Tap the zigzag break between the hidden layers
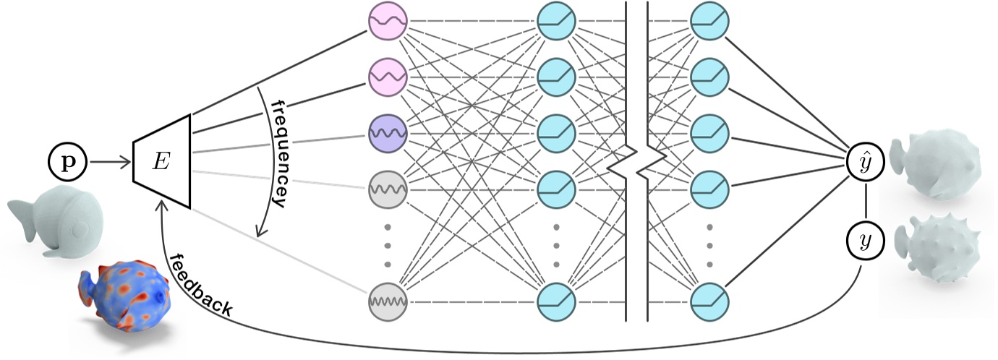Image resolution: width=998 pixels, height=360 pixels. pyautogui.click(x=636, y=163)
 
